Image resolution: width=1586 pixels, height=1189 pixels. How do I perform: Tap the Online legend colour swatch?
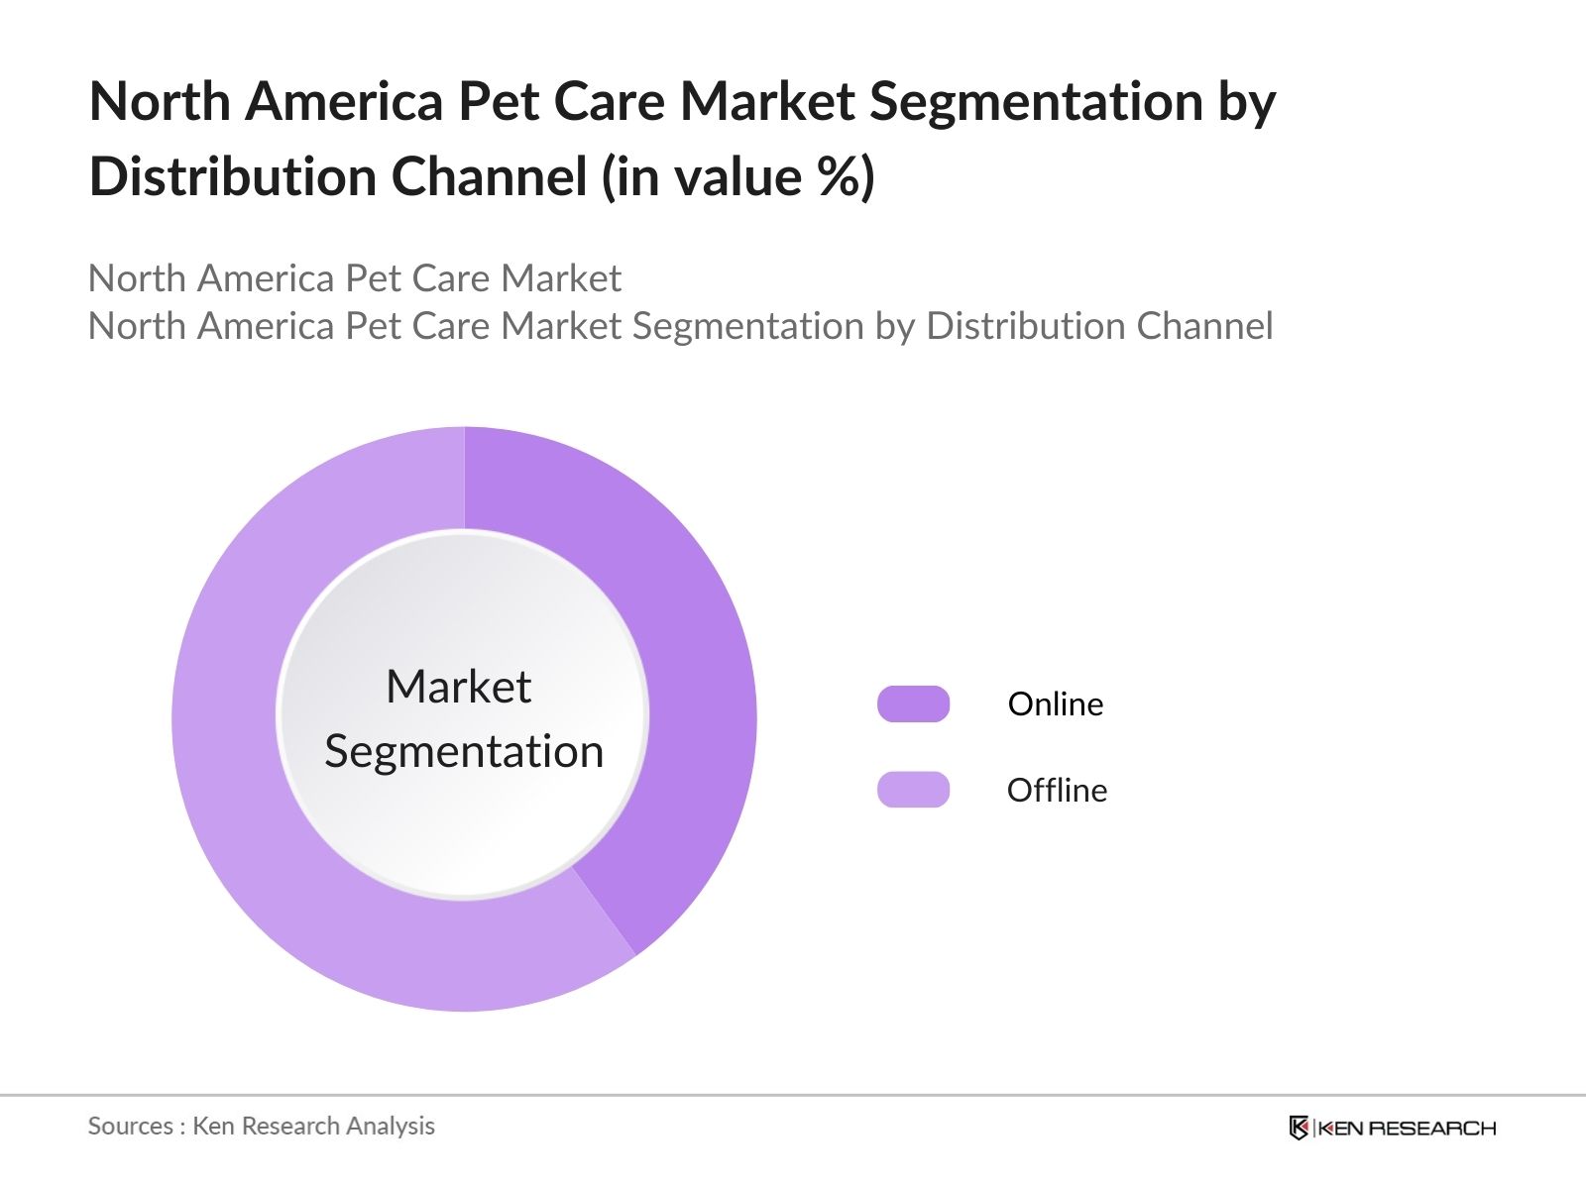(913, 703)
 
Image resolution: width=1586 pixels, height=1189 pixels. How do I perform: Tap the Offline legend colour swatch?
(913, 790)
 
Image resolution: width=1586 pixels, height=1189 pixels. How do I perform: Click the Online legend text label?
(1056, 703)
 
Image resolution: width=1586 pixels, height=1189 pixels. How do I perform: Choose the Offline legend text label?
(1057, 790)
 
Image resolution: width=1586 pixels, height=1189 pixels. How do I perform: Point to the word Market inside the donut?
(458, 687)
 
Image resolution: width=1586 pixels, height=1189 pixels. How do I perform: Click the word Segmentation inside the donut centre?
(464, 751)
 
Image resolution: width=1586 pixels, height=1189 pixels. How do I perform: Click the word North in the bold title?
(160, 101)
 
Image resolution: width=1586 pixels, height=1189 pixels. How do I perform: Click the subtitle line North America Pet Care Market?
(355, 278)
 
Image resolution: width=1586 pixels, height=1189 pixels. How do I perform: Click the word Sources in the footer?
(131, 1126)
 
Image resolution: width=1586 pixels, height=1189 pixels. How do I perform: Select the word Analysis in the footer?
(395, 1126)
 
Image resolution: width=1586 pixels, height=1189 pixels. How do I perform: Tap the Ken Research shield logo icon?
(1299, 1128)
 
